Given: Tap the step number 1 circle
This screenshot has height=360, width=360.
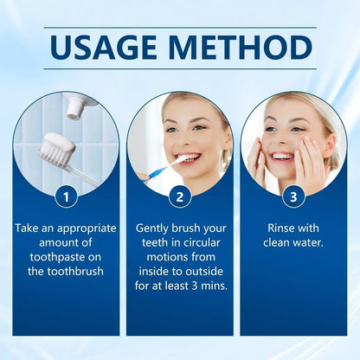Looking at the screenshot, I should (x=66, y=196).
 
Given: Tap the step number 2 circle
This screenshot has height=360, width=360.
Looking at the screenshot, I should (x=179, y=196).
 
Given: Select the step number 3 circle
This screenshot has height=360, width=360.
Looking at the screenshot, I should (x=292, y=196).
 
